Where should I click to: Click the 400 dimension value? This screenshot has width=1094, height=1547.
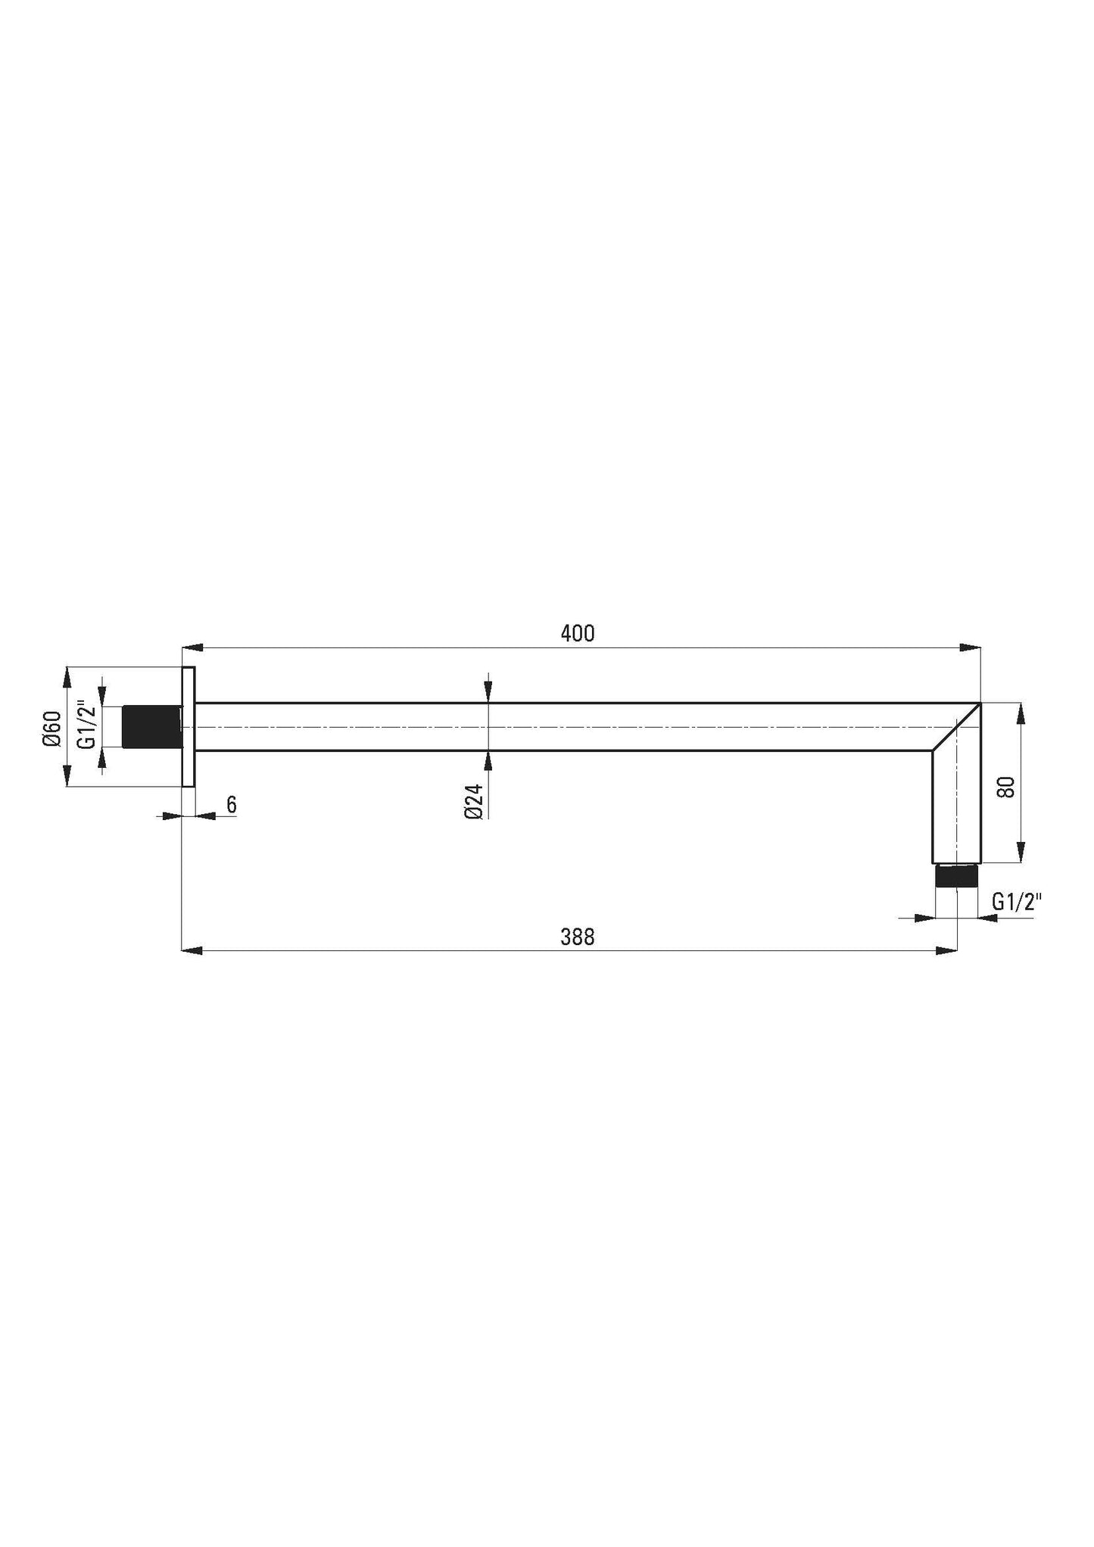coord(578,634)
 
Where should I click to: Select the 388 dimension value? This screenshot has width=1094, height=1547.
coord(578,937)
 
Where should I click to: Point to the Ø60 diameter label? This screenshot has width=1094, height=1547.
coord(51,729)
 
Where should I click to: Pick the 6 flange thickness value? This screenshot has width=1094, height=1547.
coord(232,804)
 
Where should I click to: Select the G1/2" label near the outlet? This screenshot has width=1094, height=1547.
coord(1017,902)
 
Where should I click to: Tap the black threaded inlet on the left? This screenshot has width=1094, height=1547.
coord(151,727)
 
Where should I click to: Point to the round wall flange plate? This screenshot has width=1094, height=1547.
coord(189,727)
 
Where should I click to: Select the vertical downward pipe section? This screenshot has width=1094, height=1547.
coord(956,810)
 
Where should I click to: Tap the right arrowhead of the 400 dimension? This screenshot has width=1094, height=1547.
coord(971,647)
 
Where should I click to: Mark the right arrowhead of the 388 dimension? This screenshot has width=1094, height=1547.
coord(947,950)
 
